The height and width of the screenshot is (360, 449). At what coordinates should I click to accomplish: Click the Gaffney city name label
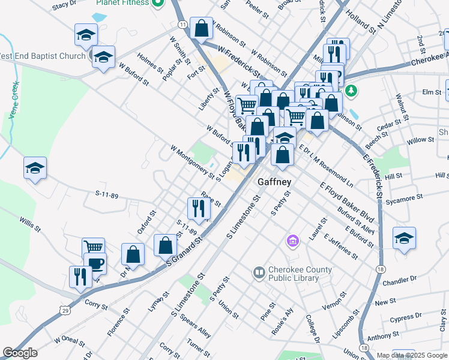[x=274, y=182]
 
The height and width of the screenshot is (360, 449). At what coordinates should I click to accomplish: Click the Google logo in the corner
[x=20, y=353]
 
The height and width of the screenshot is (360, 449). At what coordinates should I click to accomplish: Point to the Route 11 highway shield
[x=182, y=24]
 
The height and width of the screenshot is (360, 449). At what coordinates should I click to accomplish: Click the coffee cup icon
[x=95, y=263]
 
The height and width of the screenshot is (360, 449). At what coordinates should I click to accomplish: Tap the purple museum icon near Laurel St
[x=292, y=241]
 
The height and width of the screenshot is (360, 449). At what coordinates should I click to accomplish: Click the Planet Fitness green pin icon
[x=158, y=3]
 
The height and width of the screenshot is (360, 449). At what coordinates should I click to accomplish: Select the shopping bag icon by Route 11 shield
[x=201, y=28]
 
